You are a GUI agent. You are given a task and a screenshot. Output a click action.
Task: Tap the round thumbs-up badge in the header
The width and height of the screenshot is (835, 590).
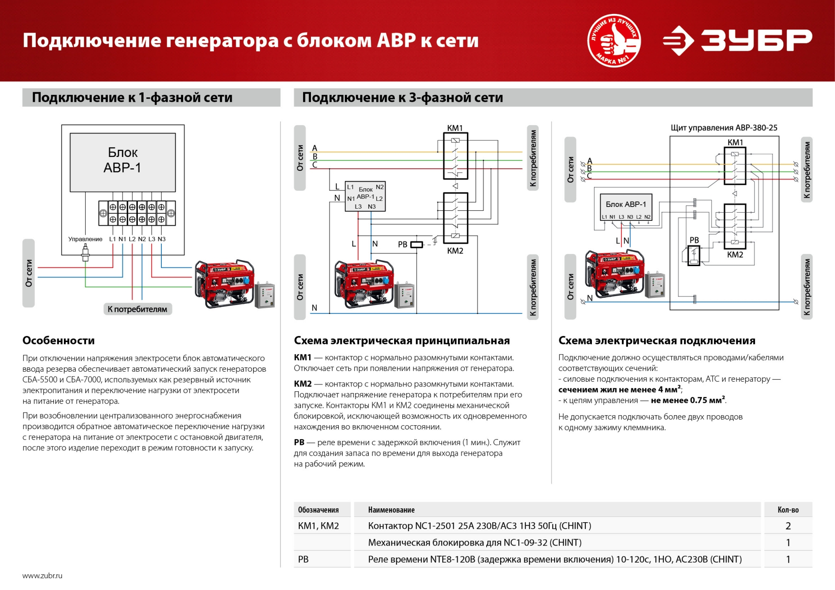pos(614,40)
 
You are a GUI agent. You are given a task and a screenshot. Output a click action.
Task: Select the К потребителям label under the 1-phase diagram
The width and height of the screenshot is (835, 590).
pos(137,309)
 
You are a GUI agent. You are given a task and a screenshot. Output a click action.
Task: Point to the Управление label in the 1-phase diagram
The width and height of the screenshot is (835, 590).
pos(85,239)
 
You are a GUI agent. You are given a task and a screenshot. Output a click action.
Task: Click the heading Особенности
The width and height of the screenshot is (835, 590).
pos(59,340)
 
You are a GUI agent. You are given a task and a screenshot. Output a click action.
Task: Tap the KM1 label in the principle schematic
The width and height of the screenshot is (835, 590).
pos(455,128)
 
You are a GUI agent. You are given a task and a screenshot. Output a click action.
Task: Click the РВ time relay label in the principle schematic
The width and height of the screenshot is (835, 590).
pos(403,244)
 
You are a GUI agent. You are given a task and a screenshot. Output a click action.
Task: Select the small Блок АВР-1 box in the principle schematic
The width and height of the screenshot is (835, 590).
pos(365,197)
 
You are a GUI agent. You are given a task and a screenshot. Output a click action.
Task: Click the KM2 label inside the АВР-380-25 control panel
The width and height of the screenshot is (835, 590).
pos(735,255)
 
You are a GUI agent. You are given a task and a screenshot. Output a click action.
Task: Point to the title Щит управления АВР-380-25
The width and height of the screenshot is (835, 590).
pos(724,128)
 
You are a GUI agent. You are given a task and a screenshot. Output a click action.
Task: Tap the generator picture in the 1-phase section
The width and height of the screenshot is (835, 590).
pos(224,283)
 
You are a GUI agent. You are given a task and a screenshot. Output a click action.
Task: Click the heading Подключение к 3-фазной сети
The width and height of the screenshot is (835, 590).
pos(402,97)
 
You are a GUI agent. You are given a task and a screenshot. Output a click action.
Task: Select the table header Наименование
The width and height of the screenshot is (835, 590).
pos(391,510)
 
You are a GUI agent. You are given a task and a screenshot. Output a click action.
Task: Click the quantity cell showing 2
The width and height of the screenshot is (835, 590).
pos(788,526)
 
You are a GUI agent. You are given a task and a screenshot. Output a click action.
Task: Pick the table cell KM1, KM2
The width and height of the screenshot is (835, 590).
pos(318,526)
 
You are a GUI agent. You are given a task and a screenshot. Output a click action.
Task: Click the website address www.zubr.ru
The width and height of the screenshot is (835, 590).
pos(42,576)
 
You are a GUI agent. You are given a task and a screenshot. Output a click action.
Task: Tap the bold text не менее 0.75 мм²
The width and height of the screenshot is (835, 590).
pos(688,400)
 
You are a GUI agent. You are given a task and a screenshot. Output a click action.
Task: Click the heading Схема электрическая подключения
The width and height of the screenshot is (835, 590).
pos(657,340)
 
